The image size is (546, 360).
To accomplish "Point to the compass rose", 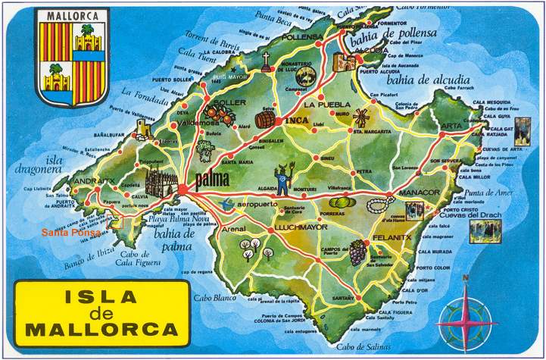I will click(x=467, y=316).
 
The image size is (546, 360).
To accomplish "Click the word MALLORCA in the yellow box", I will click(x=102, y=330).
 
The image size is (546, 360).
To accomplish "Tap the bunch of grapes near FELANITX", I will click(x=357, y=252).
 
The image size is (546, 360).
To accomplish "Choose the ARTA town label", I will click(x=451, y=125).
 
